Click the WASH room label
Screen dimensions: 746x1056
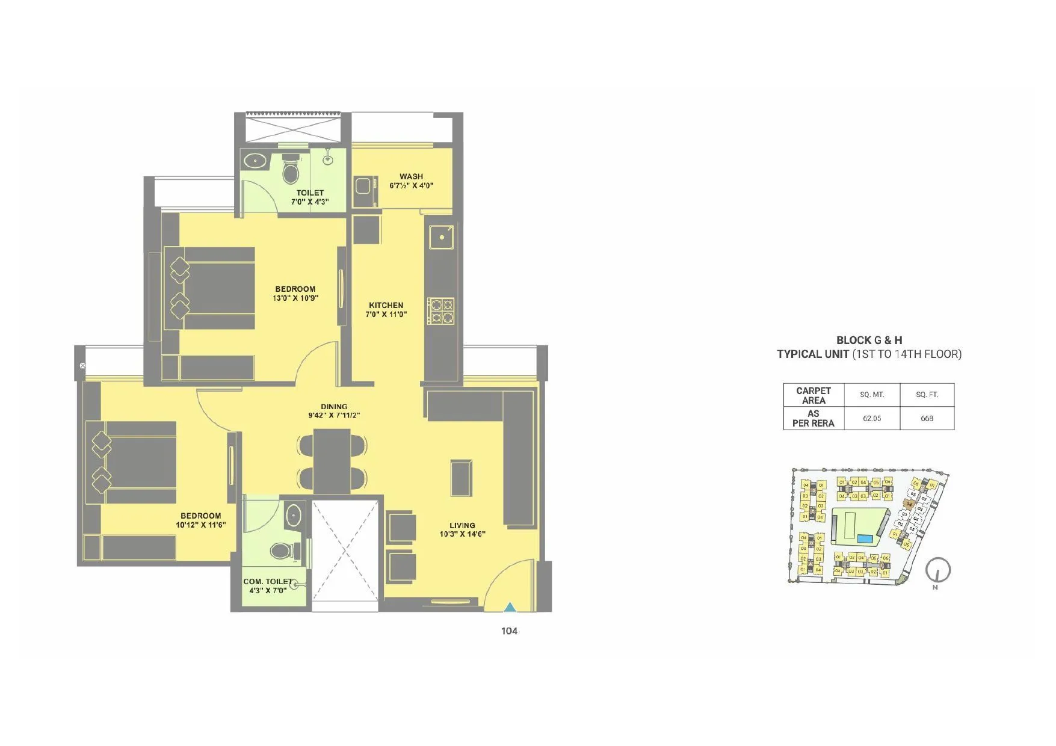click(x=411, y=177)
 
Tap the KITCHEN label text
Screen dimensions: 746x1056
click(x=386, y=305)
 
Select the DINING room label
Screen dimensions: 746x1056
click(x=334, y=407)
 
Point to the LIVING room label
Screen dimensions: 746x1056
click(x=462, y=525)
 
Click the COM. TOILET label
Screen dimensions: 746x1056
click(x=268, y=582)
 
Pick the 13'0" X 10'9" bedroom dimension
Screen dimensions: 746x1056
click(x=295, y=298)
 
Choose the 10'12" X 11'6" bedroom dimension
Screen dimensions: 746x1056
click(x=200, y=525)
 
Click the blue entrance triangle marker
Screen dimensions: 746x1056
click(x=510, y=608)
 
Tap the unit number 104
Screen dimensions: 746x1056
click(x=509, y=630)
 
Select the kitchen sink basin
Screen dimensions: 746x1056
click(x=442, y=237)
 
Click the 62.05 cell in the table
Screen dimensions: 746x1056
click(x=871, y=418)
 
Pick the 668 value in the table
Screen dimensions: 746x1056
click(x=927, y=418)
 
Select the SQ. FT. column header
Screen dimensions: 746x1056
click(x=927, y=395)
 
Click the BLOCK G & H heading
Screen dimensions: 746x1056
click(x=869, y=340)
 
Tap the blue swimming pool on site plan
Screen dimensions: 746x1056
click(x=865, y=538)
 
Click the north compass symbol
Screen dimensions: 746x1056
click(x=937, y=570)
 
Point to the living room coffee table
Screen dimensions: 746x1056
click(x=461, y=478)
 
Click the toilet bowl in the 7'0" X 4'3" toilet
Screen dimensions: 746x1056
click(x=291, y=171)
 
